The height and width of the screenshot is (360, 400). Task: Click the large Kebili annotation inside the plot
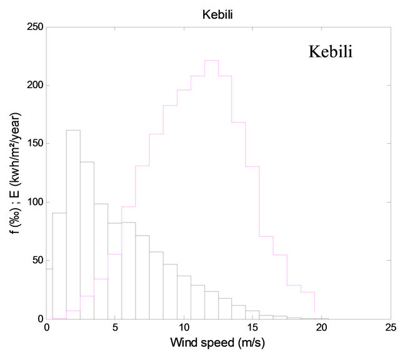click(331, 52)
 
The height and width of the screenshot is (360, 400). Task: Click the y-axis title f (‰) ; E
click(17, 173)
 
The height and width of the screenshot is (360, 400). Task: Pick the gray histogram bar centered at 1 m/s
click(59, 266)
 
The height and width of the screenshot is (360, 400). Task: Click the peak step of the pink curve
click(211, 61)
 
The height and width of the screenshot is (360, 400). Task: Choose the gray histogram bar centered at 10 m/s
click(183, 297)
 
